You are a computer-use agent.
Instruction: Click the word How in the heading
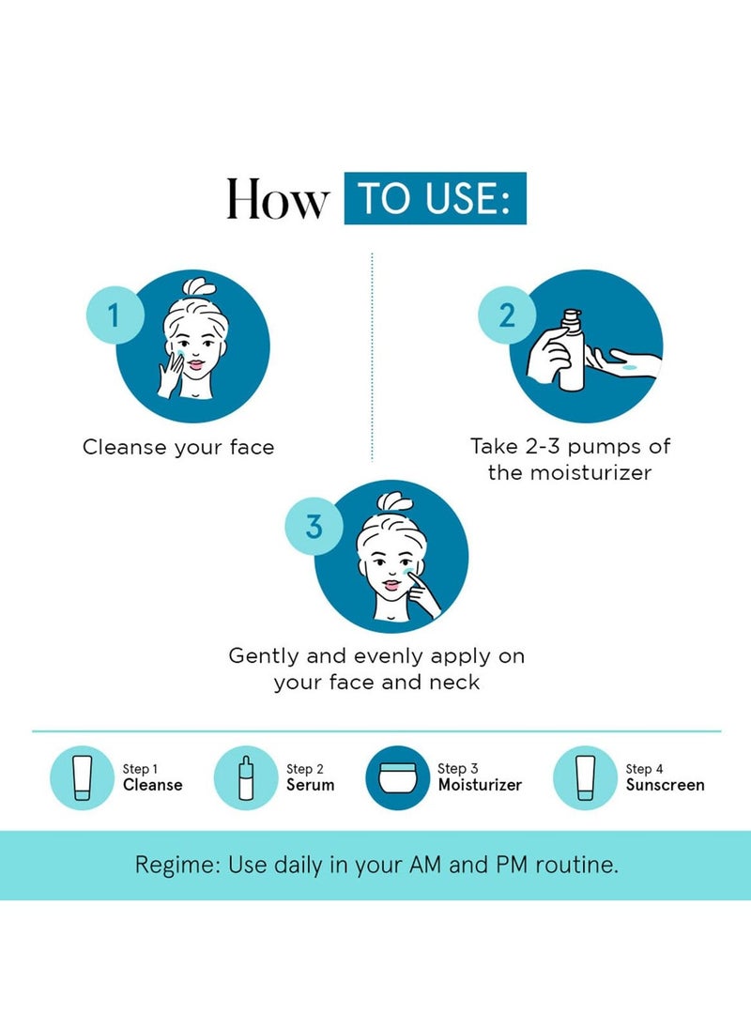[278, 199]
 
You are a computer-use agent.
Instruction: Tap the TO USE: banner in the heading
[435, 198]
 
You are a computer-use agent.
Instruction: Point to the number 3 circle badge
[313, 527]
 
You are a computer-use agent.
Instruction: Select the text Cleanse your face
[178, 447]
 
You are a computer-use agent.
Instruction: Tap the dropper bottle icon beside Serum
[246, 777]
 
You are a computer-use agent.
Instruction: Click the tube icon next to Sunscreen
[585, 777]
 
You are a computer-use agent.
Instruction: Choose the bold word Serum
[310, 785]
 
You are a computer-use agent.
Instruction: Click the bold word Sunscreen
[665, 785]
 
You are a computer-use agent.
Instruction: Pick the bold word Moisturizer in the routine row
[480, 785]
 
